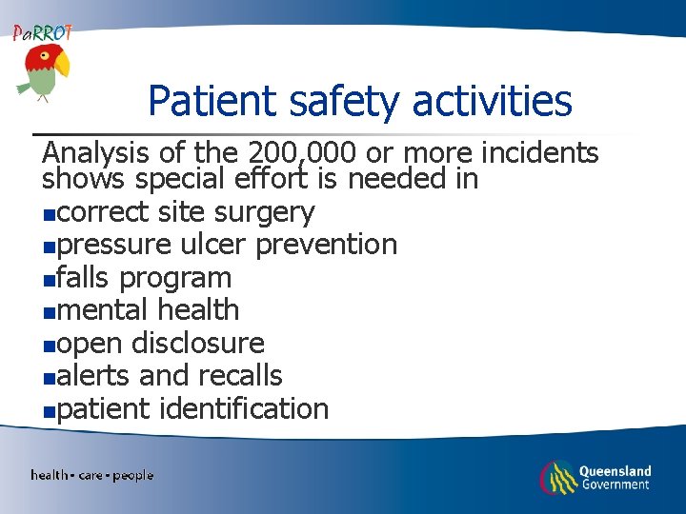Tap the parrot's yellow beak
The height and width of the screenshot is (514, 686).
click(62, 65)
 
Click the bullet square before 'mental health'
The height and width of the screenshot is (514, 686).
click(49, 312)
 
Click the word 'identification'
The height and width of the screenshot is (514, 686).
click(244, 409)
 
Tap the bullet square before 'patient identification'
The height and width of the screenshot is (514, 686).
click(49, 412)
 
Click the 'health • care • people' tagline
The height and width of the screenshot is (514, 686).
click(91, 475)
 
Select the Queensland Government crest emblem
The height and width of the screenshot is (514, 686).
click(557, 476)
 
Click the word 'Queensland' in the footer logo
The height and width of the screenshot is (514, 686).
click(615, 470)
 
